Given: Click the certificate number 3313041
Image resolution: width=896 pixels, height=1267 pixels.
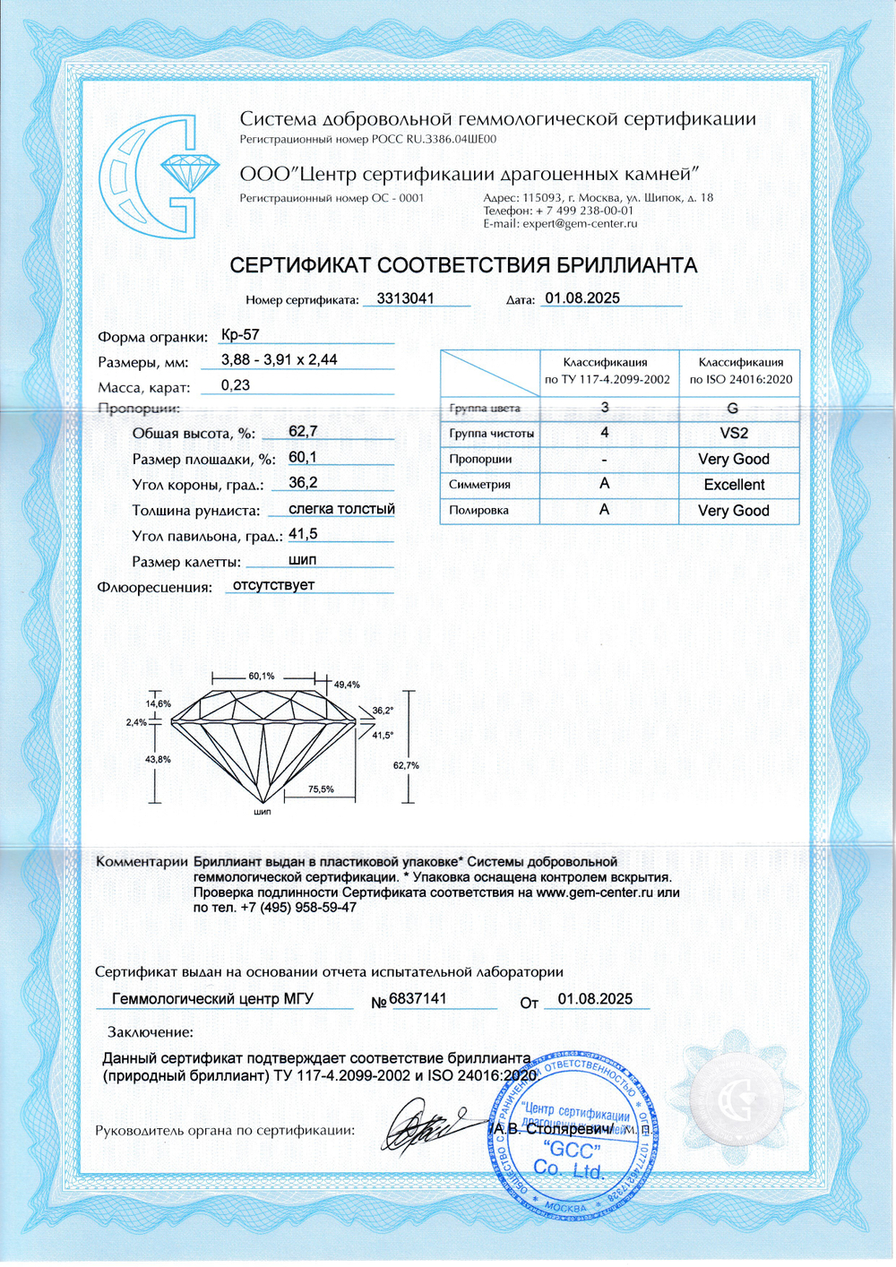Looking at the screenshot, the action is pyautogui.click(x=405, y=298).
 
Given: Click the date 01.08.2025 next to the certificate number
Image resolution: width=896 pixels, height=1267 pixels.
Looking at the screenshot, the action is pyautogui.click(x=582, y=298).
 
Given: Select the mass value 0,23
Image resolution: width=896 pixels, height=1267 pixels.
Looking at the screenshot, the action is pyautogui.click(x=236, y=385).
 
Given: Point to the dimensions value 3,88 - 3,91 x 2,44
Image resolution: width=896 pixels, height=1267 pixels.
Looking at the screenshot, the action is pyautogui.click(x=280, y=359).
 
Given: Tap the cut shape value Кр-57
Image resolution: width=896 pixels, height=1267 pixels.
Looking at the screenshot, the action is pyautogui.click(x=240, y=334).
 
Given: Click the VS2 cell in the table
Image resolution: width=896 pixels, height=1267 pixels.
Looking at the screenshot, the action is pyautogui.click(x=734, y=433).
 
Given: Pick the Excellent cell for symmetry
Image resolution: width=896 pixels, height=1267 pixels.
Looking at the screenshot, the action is pyautogui.click(x=734, y=485).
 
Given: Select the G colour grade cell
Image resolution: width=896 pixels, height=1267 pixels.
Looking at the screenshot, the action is pyautogui.click(x=733, y=408).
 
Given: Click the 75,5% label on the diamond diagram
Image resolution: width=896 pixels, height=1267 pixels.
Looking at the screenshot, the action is pyautogui.click(x=321, y=789).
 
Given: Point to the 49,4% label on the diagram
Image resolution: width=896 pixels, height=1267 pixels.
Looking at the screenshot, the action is pyautogui.click(x=347, y=685).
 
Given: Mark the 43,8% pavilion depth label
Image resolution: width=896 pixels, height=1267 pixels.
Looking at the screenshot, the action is pyautogui.click(x=158, y=760).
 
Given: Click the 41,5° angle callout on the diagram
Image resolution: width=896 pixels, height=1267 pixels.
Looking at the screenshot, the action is pyautogui.click(x=383, y=736).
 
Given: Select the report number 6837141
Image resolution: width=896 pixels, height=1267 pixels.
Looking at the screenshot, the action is pyautogui.click(x=418, y=998).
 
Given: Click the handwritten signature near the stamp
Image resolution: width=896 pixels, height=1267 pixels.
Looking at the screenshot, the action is pyautogui.click(x=421, y=1127).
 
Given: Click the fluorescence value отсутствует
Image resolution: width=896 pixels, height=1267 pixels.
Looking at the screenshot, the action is pyautogui.click(x=273, y=585).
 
